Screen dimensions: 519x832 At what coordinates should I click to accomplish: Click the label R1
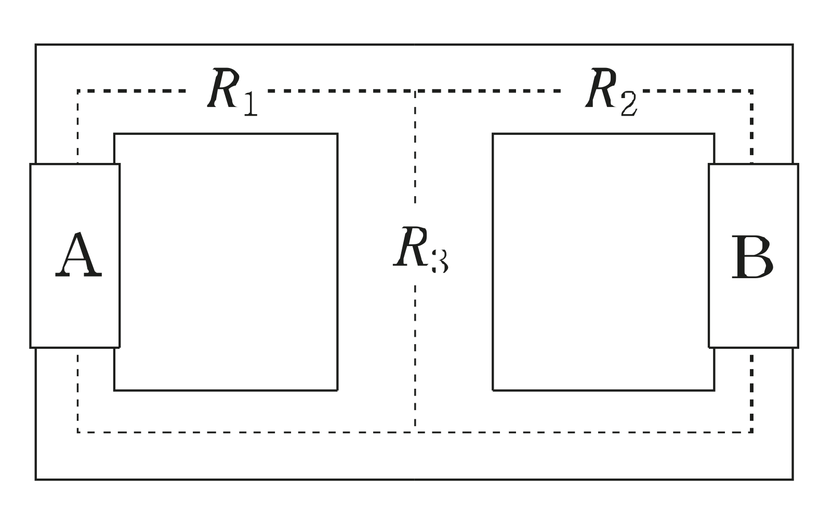[x=232, y=92]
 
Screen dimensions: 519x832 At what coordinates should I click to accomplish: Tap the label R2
[x=610, y=92]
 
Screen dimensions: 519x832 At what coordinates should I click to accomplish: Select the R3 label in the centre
[x=420, y=250]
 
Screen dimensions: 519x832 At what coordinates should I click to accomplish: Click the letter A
[x=78, y=256]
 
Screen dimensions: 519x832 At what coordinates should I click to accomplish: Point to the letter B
[x=752, y=258]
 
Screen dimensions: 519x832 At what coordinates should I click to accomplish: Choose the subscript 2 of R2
[x=627, y=104]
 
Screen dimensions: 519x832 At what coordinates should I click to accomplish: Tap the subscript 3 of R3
[x=439, y=261]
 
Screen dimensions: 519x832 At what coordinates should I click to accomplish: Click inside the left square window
[x=226, y=262]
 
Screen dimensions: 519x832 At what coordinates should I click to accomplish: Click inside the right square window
[x=603, y=262]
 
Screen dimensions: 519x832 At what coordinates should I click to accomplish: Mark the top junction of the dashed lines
[x=415, y=91]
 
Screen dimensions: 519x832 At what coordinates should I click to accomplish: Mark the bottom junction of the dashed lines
[x=415, y=431]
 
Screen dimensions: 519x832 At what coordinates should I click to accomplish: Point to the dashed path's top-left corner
[x=78, y=91]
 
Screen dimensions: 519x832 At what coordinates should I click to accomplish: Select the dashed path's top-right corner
[x=751, y=91]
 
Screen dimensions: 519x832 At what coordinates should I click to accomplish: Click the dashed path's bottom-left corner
[x=78, y=431]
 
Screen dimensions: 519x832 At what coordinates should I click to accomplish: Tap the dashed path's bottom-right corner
[x=751, y=431]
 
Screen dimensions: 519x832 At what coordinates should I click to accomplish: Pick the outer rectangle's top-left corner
[x=36, y=45]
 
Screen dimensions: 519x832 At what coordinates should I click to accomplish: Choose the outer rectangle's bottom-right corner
[x=793, y=479]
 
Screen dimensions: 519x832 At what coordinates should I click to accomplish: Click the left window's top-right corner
[x=337, y=134]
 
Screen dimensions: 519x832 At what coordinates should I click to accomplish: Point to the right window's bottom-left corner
[x=493, y=390]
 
